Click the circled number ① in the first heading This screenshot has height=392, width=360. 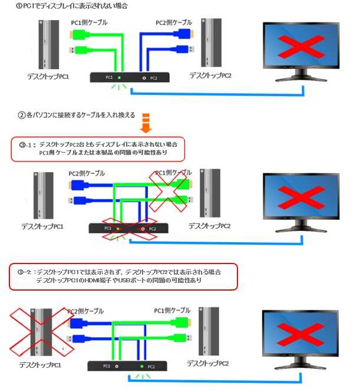pos(5,6)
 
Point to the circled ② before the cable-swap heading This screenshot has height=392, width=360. pos(21,115)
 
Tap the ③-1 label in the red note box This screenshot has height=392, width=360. pos(25,144)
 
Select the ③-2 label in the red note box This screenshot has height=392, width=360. pos(25,272)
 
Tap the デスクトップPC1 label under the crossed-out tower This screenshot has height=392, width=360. pos(39,365)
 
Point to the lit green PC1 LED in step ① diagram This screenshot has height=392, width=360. pos(119,78)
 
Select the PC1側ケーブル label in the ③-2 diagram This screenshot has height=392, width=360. pos(172,310)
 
